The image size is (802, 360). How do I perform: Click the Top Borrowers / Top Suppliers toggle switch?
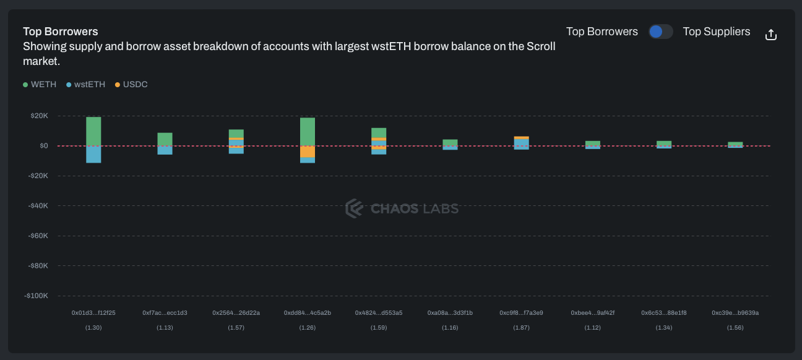[660, 32]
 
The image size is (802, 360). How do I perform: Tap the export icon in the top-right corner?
[770, 35]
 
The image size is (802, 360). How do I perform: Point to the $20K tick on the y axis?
[39, 116]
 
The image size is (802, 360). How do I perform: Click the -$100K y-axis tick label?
[37, 296]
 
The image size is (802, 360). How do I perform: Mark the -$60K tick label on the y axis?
[38, 236]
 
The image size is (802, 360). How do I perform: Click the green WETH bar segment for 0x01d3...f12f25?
[93, 131]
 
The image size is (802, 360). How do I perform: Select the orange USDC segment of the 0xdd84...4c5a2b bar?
[308, 152]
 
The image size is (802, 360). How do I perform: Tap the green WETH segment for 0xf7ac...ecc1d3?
[165, 139]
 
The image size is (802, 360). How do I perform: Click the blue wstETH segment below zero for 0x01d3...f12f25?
[93, 154]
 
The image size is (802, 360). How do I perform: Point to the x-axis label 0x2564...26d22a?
[236, 313]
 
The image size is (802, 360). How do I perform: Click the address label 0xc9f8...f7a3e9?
[521, 313]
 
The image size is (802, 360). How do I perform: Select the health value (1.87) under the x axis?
[521, 327]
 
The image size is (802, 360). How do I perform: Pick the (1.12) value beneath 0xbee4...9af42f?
[592, 327]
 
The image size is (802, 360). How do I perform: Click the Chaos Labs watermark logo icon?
[354, 208]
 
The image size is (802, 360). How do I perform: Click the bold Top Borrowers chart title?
[61, 32]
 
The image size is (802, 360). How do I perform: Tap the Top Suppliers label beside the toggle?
[716, 32]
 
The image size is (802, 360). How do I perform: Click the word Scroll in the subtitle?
[540, 46]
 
